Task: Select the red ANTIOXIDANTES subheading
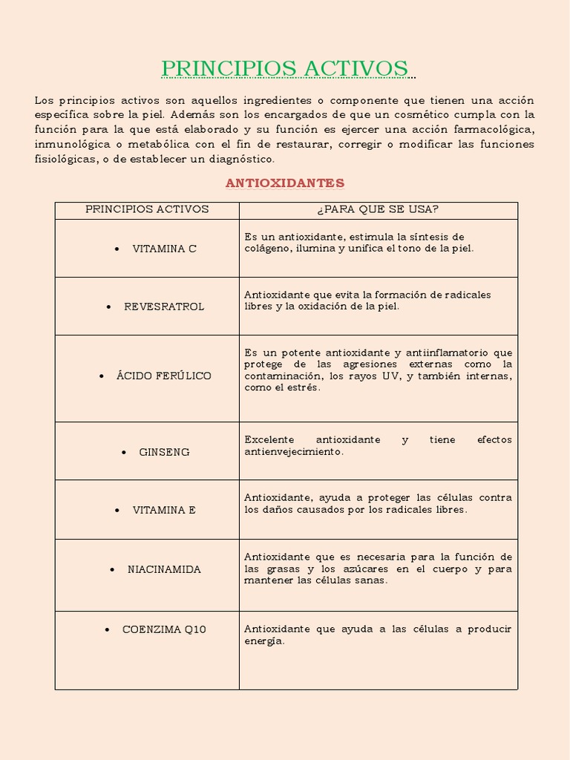(285, 183)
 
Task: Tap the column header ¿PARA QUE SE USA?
(378, 209)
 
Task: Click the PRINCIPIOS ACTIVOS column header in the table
(147, 209)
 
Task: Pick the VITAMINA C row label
(164, 249)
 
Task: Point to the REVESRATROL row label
(164, 307)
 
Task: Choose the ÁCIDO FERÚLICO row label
(163, 376)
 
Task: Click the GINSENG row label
(164, 452)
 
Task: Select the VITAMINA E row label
(164, 510)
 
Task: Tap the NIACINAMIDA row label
(164, 569)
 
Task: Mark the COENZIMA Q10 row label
(164, 629)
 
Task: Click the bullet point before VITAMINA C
(117, 249)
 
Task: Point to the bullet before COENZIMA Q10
(108, 629)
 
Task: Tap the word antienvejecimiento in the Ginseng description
(293, 451)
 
